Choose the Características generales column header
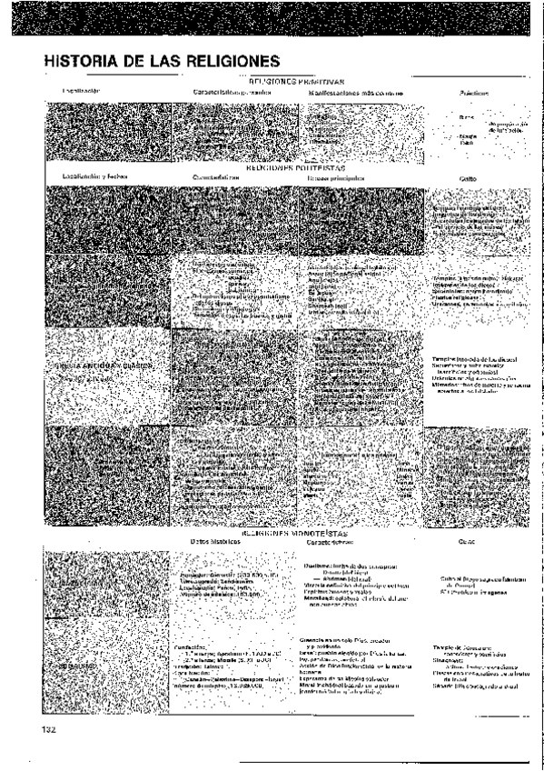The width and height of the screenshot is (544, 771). [x=232, y=92]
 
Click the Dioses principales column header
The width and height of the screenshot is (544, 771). [x=335, y=177]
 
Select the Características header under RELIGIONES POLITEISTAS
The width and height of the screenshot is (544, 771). [x=215, y=178]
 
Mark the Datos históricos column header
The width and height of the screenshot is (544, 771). [x=214, y=542]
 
